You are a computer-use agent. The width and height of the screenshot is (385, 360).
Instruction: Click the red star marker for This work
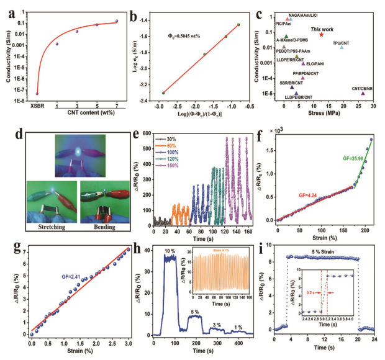click(x=321, y=35)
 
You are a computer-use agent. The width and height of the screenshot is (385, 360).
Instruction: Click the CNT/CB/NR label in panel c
click(x=361, y=89)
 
